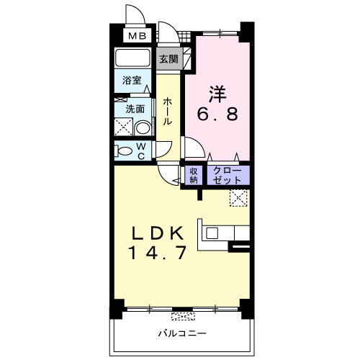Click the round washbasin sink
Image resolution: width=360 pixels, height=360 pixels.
click(x=143, y=128)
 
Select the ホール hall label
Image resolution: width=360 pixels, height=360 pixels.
click(x=167, y=112)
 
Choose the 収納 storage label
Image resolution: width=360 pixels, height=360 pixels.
click(x=193, y=175)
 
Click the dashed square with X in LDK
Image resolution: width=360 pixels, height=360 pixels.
click(x=238, y=197)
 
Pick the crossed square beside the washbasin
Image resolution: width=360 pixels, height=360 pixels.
click(x=123, y=129)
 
